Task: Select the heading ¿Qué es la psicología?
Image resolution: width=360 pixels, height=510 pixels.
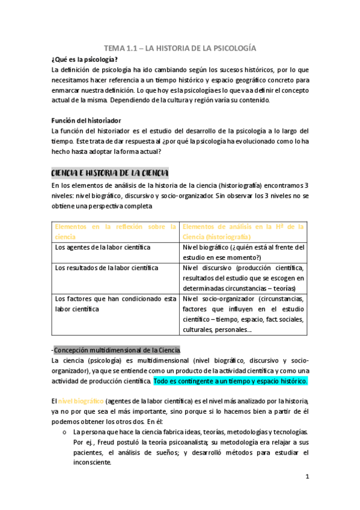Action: point(85,58)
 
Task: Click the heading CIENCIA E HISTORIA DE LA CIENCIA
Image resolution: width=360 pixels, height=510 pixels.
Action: point(110,173)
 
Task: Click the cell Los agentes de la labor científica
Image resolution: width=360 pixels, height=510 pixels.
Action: point(103,247)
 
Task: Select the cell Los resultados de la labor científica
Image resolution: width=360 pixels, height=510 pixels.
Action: point(106,268)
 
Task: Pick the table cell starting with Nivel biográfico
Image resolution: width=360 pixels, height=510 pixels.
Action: point(243,252)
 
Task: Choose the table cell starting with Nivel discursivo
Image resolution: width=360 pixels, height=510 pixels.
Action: point(243,278)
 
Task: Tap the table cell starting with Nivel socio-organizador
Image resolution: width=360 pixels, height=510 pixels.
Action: point(243,314)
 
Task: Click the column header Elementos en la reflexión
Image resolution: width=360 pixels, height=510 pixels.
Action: point(115,232)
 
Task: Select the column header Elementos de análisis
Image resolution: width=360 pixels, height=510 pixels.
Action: point(243,232)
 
